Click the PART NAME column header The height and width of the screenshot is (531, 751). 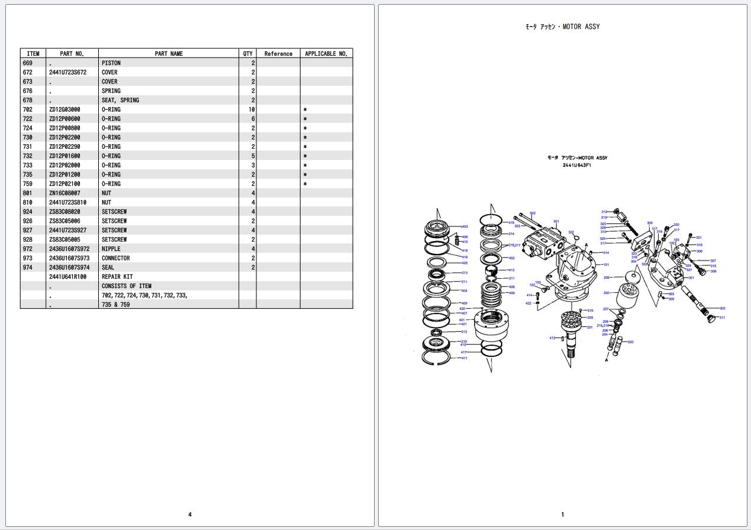[x=169, y=54]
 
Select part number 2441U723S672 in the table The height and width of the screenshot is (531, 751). [x=68, y=72]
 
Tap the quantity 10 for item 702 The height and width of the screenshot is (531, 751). [x=251, y=109]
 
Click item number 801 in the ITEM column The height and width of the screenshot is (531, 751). [x=28, y=193]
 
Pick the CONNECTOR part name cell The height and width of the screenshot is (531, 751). [x=116, y=258]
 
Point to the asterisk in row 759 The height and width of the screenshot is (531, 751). [x=305, y=184]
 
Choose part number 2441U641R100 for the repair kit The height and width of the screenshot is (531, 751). [x=68, y=276]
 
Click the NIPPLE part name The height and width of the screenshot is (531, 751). [x=111, y=249]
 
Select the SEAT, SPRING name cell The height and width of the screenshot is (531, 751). [x=121, y=100]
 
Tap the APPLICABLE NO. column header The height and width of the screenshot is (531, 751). [x=326, y=54]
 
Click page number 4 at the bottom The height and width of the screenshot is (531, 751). [x=190, y=515]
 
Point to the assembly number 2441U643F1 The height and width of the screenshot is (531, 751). [x=577, y=165]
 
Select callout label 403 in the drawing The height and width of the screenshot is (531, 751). [x=465, y=226]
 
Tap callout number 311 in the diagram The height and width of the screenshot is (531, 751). [x=722, y=318]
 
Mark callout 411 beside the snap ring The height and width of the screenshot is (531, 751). [x=464, y=358]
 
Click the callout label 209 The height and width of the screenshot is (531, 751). [x=606, y=278]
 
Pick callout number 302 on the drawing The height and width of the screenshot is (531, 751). [x=722, y=308]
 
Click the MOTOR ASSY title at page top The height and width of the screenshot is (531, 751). [x=562, y=26]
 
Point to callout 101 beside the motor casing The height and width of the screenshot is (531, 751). [x=606, y=265]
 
